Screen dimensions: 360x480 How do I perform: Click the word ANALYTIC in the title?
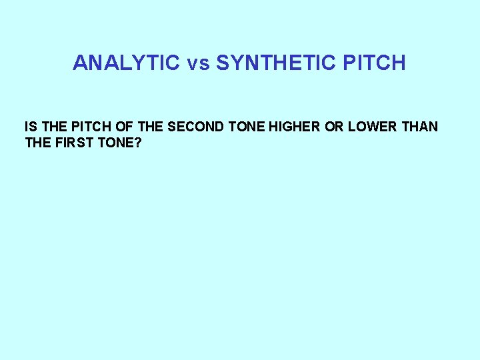click(126, 63)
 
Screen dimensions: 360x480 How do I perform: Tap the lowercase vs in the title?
click(198, 63)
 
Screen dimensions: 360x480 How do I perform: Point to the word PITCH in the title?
click(375, 63)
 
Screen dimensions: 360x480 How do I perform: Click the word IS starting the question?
click(30, 126)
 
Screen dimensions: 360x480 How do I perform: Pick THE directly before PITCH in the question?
click(52, 126)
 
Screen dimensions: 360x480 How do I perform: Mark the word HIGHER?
click(291, 126)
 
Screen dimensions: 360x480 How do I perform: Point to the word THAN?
click(421, 126)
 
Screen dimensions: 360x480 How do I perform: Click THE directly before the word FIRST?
click(38, 142)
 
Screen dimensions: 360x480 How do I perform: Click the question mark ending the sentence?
click(138, 142)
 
